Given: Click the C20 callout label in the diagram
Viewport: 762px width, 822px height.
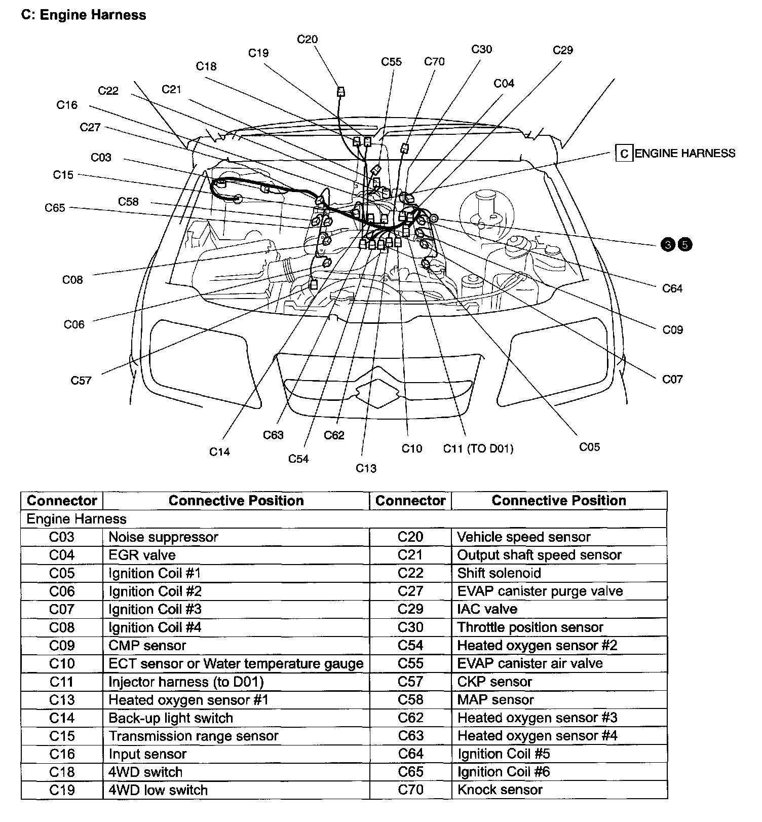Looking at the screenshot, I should tap(307, 40).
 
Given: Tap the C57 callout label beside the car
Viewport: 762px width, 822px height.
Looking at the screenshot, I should tap(81, 380).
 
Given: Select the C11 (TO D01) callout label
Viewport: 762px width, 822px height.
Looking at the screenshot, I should tap(478, 449).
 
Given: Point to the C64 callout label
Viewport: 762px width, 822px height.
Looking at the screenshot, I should tap(672, 288).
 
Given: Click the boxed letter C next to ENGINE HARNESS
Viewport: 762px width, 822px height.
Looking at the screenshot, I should tap(624, 154).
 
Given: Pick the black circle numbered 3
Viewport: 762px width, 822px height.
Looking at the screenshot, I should tap(668, 245).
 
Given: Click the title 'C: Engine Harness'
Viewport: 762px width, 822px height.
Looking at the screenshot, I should tap(84, 15).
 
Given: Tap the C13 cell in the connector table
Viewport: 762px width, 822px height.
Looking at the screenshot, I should tap(62, 700).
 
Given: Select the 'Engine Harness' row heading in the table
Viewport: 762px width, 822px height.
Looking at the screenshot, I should tap(77, 519).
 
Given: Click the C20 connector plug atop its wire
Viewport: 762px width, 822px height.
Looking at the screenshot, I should tap(341, 92).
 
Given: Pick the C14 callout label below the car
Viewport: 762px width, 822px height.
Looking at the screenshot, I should tap(219, 452).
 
